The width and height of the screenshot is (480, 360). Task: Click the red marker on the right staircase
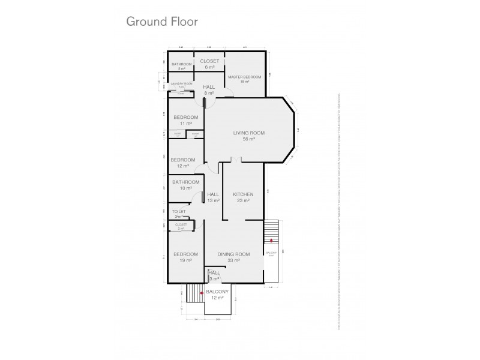(271, 241)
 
